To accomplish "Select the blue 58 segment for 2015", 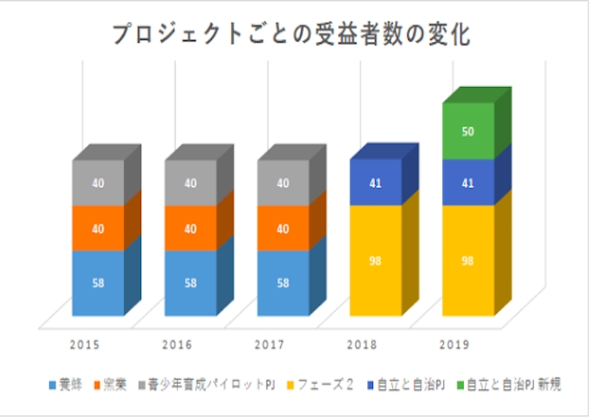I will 98,283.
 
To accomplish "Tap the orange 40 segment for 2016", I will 190,228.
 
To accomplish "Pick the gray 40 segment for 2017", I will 283,183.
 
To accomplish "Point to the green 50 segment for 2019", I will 467,131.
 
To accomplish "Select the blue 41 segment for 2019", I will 467,183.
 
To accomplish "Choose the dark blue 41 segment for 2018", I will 375,183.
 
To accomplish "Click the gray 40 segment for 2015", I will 98,183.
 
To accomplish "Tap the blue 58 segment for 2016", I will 190,283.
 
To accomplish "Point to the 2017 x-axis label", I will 269,345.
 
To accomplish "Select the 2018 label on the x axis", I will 361,345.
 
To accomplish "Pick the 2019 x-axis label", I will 453,345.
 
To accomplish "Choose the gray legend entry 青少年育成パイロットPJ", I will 210,384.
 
